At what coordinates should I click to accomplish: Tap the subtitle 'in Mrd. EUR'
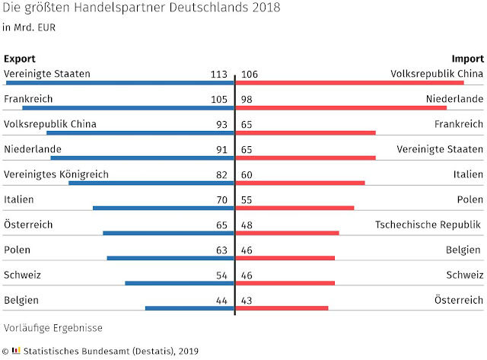pyautogui.click(x=29, y=28)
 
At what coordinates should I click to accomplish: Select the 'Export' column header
pyautogui.click(x=20, y=59)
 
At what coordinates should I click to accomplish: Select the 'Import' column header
pyautogui.click(x=467, y=59)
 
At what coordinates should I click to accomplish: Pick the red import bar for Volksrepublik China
pyautogui.click(x=350, y=82)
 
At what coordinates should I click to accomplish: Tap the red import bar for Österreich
pyautogui.click(x=282, y=308)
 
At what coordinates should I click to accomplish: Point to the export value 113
pyautogui.click(x=219, y=74)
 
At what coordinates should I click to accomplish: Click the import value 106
pyautogui.click(x=250, y=74)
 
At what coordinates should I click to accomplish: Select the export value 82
pyautogui.click(x=222, y=174)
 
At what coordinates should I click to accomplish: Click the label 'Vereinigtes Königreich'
pyautogui.click(x=56, y=174)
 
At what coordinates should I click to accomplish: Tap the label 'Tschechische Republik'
pyautogui.click(x=428, y=225)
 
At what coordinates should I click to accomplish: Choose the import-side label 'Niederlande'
pyautogui.click(x=454, y=99)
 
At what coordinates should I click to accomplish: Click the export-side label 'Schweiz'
pyautogui.click(x=22, y=275)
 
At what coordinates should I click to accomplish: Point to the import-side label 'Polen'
pyautogui.click(x=469, y=199)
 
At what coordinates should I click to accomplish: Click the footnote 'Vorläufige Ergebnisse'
pyautogui.click(x=53, y=328)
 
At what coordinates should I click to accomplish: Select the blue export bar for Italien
pyautogui.click(x=163, y=208)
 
